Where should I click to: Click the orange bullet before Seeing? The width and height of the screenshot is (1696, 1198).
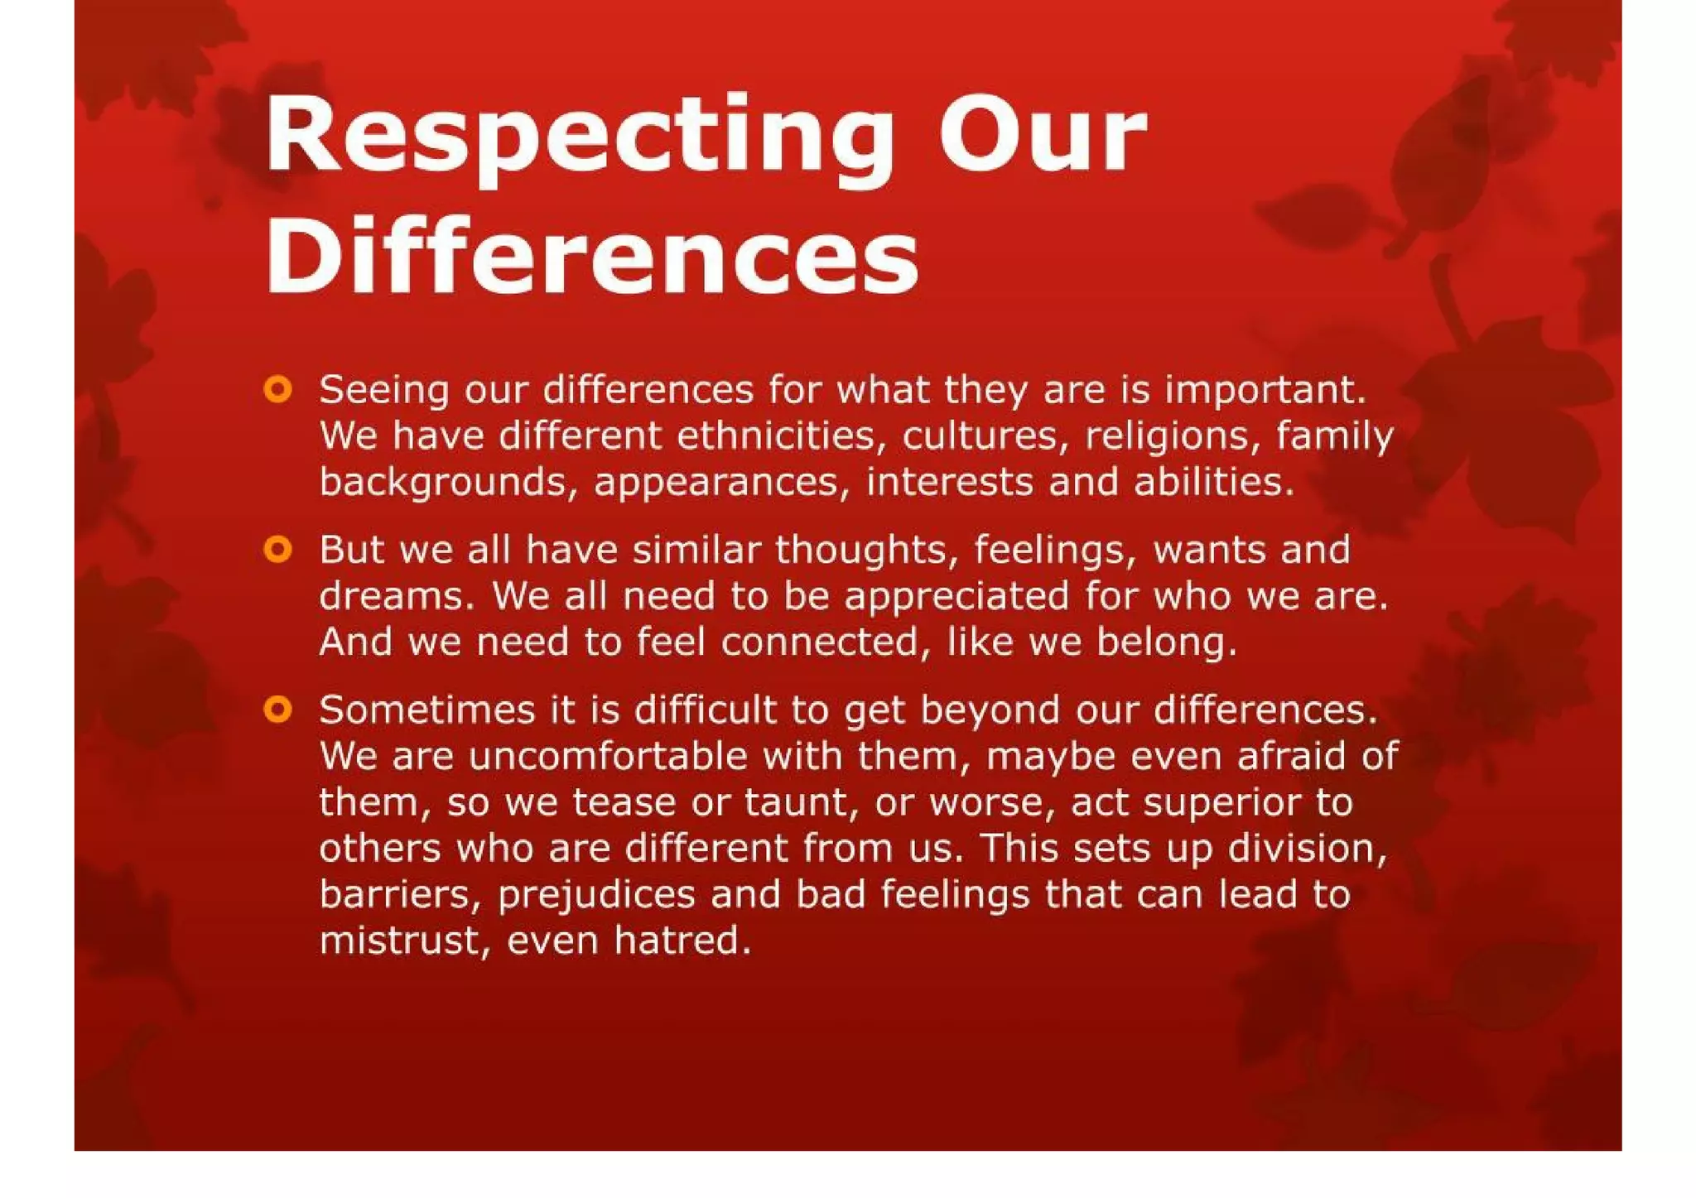(278, 388)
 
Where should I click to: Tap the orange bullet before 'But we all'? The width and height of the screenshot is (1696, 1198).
(278, 549)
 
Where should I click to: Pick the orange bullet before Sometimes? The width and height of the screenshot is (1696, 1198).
(278, 710)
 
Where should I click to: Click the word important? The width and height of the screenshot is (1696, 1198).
(1265, 390)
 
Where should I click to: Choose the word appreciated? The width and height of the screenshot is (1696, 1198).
(956, 596)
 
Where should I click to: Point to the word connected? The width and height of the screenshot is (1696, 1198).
(820, 642)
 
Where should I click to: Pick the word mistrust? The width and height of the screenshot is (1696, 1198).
(401, 941)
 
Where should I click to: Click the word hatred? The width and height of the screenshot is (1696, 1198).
(682, 941)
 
